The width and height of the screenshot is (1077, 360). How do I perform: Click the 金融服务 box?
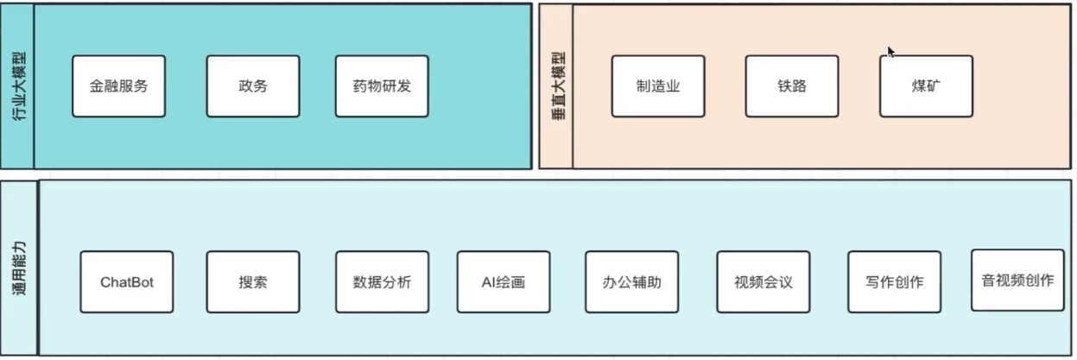pos(118,86)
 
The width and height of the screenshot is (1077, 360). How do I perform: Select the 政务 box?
pos(253,86)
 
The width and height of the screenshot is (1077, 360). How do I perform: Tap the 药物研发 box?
pos(382,86)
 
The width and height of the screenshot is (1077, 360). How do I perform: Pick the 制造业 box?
pos(658,86)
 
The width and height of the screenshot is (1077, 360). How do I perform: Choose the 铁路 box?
pos(792,86)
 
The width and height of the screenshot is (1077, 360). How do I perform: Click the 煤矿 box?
pos(926,86)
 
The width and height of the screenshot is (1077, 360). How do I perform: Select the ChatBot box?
pos(127,282)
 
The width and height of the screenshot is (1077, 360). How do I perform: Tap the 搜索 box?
pos(253,282)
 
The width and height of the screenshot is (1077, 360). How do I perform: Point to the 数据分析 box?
pos(382,282)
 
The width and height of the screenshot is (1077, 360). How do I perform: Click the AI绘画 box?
pos(504,282)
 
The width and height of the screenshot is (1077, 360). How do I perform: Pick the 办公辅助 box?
pos(631,282)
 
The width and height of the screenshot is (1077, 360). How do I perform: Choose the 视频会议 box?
pos(763,282)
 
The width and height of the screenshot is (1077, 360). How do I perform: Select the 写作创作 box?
pos(894,282)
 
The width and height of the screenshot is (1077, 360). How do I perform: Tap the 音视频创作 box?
pos(1017,281)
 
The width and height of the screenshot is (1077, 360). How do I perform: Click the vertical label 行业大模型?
pos(18,86)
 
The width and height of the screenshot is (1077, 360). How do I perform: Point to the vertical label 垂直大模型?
pos(557,86)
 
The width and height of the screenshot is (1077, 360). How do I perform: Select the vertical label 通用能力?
pos(19,268)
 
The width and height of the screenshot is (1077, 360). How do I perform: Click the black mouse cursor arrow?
pos(890,52)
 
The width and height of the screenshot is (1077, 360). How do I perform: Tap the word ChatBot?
pos(127,282)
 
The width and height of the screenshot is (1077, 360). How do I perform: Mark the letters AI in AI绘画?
pos(488,282)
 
